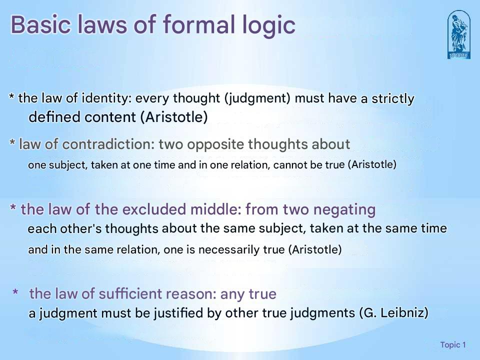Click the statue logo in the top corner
(458, 34)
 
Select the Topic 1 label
(453, 345)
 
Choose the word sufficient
(117, 294)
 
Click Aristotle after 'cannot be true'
(371, 165)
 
